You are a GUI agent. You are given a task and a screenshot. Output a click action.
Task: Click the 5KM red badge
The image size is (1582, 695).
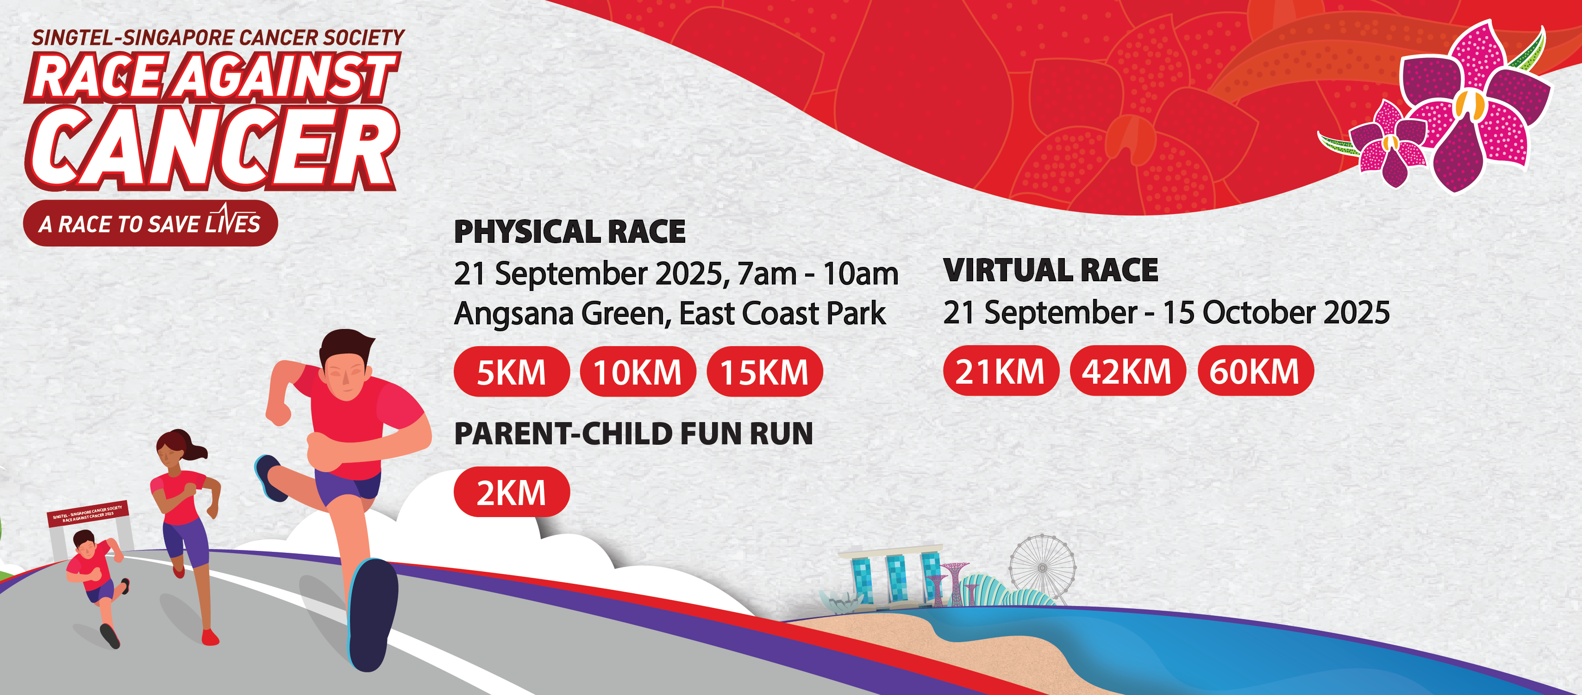pos(511,372)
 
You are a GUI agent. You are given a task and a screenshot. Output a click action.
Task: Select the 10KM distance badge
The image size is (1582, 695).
pos(638,372)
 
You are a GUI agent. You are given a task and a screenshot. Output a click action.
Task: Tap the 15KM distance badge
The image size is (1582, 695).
pos(764,372)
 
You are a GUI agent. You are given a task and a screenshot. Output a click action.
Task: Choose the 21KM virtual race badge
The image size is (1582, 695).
pos(1000,371)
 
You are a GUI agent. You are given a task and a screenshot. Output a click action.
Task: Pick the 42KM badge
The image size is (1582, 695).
pos(1127,371)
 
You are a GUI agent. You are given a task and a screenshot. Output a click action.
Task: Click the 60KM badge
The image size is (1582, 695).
pos(1255,371)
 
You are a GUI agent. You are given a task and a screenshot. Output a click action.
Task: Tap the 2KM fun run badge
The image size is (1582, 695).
pos(511,492)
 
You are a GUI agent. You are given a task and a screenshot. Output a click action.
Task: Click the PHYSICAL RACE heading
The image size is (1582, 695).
pos(569,232)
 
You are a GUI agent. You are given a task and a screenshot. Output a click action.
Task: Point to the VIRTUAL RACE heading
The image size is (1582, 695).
pos(1050,271)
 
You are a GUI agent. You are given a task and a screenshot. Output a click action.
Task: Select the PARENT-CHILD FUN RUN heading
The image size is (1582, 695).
pos(633,434)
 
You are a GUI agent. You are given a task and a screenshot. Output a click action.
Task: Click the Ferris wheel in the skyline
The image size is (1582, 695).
pos(1042,567)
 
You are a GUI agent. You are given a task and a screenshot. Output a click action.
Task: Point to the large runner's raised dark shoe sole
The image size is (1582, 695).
pos(372,614)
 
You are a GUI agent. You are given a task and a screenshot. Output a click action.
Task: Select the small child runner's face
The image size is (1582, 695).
pos(85,546)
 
